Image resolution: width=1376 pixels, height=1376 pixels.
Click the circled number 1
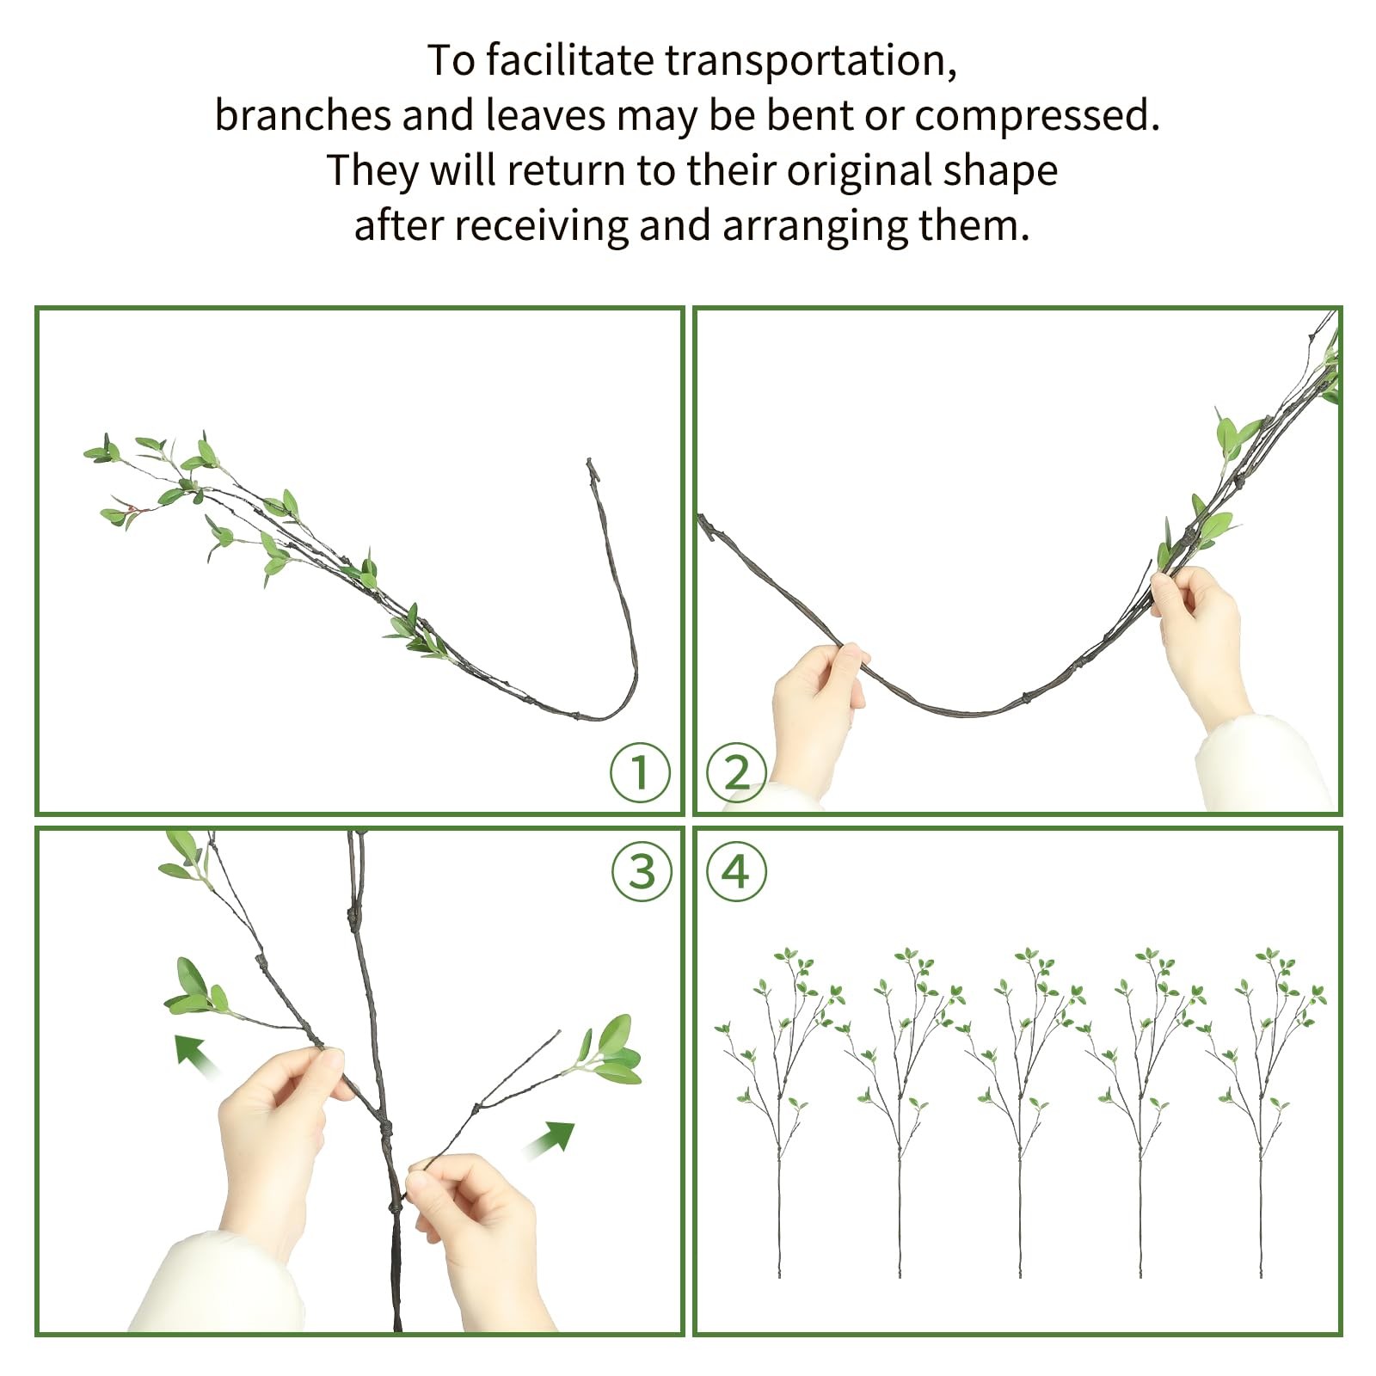tap(640, 772)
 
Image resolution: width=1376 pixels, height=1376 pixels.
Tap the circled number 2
tap(736, 772)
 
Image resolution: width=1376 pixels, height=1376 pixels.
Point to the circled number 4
tap(736, 872)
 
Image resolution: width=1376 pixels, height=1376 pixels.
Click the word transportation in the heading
tap(811, 61)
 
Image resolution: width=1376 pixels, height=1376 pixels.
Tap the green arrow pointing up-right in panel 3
tap(550, 1139)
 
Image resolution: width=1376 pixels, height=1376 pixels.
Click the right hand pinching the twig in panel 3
tap(473, 1221)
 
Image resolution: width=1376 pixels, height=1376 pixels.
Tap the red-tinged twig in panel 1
tap(131, 511)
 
